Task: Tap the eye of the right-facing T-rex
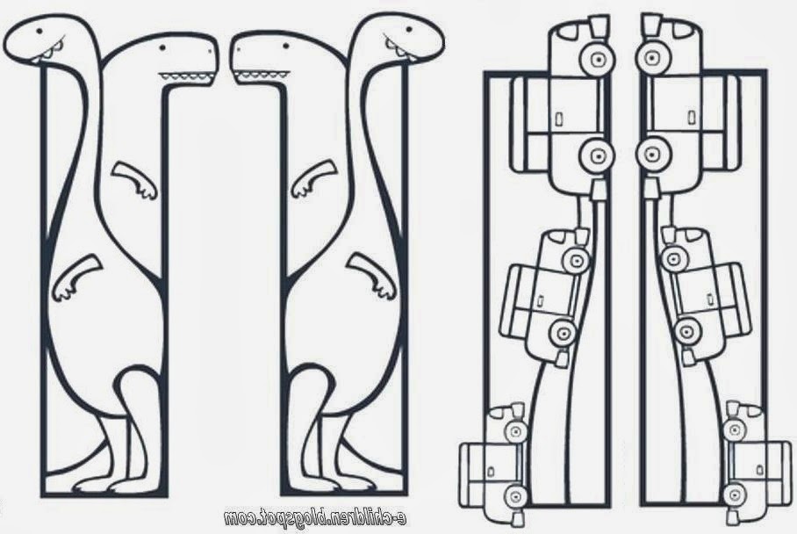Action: (x=162, y=48)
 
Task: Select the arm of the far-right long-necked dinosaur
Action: (x=371, y=277)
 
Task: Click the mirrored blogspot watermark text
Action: (x=315, y=517)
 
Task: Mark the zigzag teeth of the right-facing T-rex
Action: (x=186, y=76)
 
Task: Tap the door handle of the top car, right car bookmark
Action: (x=692, y=118)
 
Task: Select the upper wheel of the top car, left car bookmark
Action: (x=598, y=60)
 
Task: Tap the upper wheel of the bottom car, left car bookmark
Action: (x=516, y=432)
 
